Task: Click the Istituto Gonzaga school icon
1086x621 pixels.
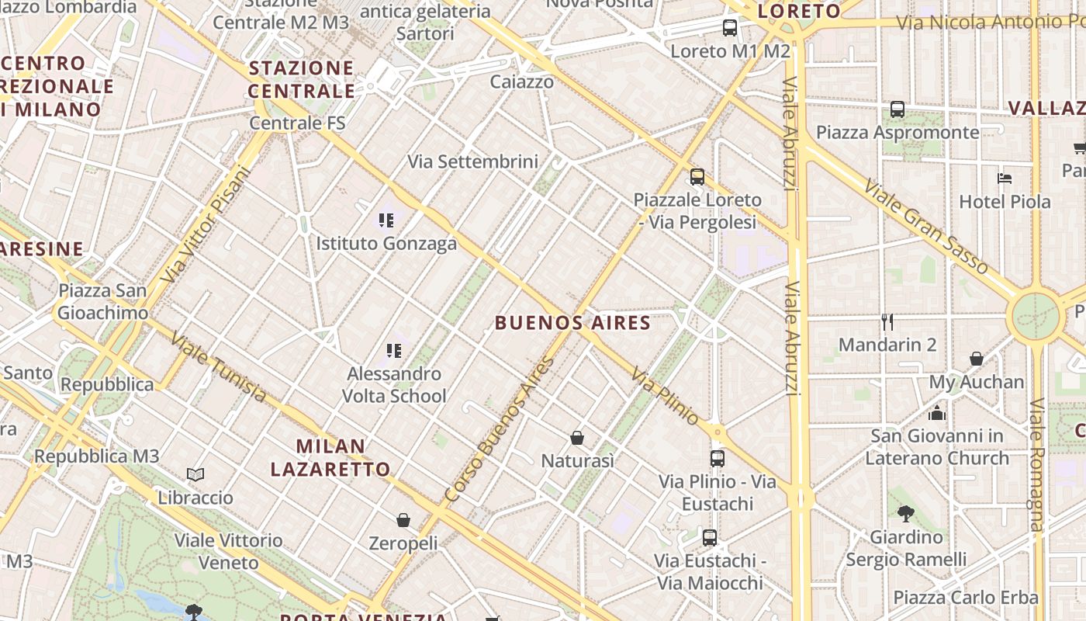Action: [386, 220]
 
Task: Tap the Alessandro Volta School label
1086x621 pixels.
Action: [394, 385]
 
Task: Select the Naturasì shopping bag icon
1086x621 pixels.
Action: [577, 439]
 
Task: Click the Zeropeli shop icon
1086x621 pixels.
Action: [403, 520]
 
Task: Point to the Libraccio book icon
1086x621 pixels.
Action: [195, 474]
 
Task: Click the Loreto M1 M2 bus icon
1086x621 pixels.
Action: [730, 29]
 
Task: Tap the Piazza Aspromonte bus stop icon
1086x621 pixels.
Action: [898, 109]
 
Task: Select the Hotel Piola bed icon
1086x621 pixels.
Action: [1005, 179]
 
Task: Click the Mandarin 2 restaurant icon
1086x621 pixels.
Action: [887, 321]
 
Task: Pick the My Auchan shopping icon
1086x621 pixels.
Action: [977, 359]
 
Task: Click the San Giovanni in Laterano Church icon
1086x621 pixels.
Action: [937, 413]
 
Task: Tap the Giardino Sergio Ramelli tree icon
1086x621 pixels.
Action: [905, 513]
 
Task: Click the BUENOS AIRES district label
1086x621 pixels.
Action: [572, 323]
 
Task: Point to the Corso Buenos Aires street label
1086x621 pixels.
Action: [500, 428]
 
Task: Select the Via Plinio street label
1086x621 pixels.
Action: [665, 397]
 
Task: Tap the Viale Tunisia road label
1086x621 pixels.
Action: [218, 367]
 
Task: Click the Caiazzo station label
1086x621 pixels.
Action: [522, 82]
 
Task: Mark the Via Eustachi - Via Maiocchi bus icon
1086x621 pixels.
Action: [709, 537]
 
